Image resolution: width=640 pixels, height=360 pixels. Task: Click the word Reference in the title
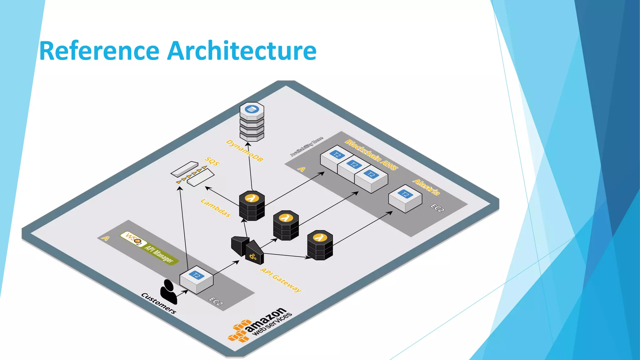pyautogui.click(x=99, y=51)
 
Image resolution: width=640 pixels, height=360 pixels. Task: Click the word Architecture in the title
pyautogui.click(x=242, y=51)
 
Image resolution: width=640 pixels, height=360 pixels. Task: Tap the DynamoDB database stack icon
pyautogui.click(x=252, y=122)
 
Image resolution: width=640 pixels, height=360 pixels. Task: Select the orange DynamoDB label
pyautogui.click(x=245, y=151)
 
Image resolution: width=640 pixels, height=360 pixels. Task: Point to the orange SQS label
pyautogui.click(x=212, y=161)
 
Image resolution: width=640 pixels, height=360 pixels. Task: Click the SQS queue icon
pyautogui.click(x=192, y=174)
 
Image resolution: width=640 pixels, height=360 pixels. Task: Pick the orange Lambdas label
pyautogui.click(x=216, y=208)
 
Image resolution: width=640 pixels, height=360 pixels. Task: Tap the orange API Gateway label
pyautogui.click(x=281, y=280)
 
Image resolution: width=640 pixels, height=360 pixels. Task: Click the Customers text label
pyautogui.click(x=158, y=303)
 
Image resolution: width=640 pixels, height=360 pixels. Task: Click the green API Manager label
pyautogui.click(x=159, y=254)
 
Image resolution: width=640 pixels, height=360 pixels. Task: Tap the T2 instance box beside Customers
pyautogui.click(x=196, y=280)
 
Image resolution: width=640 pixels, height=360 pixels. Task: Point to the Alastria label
pyautogui.click(x=426, y=187)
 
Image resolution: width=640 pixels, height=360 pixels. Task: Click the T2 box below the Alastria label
pyautogui.click(x=405, y=198)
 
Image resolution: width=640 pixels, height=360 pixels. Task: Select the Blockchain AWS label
pyautogui.click(x=371, y=155)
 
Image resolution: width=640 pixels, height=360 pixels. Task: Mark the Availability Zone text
pyautogui.click(x=307, y=147)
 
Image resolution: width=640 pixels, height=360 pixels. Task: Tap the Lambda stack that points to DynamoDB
pyautogui.click(x=252, y=206)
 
